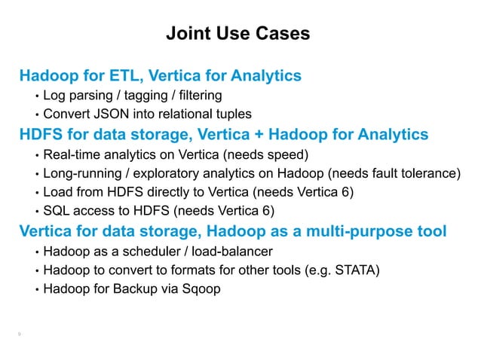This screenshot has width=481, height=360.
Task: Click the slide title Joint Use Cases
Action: tap(237, 35)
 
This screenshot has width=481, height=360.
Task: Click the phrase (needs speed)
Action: tap(267, 154)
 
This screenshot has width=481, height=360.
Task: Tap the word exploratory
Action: tap(163, 174)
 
